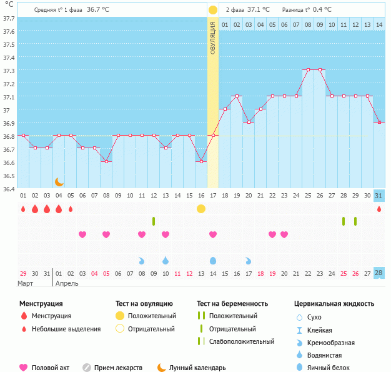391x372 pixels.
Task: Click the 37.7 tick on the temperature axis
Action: point(9,19)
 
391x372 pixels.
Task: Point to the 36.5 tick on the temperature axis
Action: point(9,176)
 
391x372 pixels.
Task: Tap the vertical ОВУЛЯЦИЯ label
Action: point(213,38)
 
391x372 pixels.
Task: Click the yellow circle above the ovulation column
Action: point(213,10)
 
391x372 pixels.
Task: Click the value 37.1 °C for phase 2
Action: point(258,10)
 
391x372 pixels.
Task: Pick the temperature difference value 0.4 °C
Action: point(322,10)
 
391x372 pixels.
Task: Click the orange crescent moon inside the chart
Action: point(59,181)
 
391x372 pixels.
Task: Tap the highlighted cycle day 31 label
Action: point(379,196)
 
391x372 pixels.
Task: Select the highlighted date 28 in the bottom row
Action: point(379,273)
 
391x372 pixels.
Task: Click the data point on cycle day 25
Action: point(308,70)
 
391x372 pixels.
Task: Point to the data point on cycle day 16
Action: point(201,161)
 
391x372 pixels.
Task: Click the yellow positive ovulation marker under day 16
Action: point(201,208)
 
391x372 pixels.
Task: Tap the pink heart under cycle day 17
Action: point(213,234)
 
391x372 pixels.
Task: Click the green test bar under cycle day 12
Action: point(154,221)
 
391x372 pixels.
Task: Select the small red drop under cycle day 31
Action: point(379,209)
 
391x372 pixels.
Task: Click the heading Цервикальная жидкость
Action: point(334,304)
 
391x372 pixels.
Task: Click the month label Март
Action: point(26,283)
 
